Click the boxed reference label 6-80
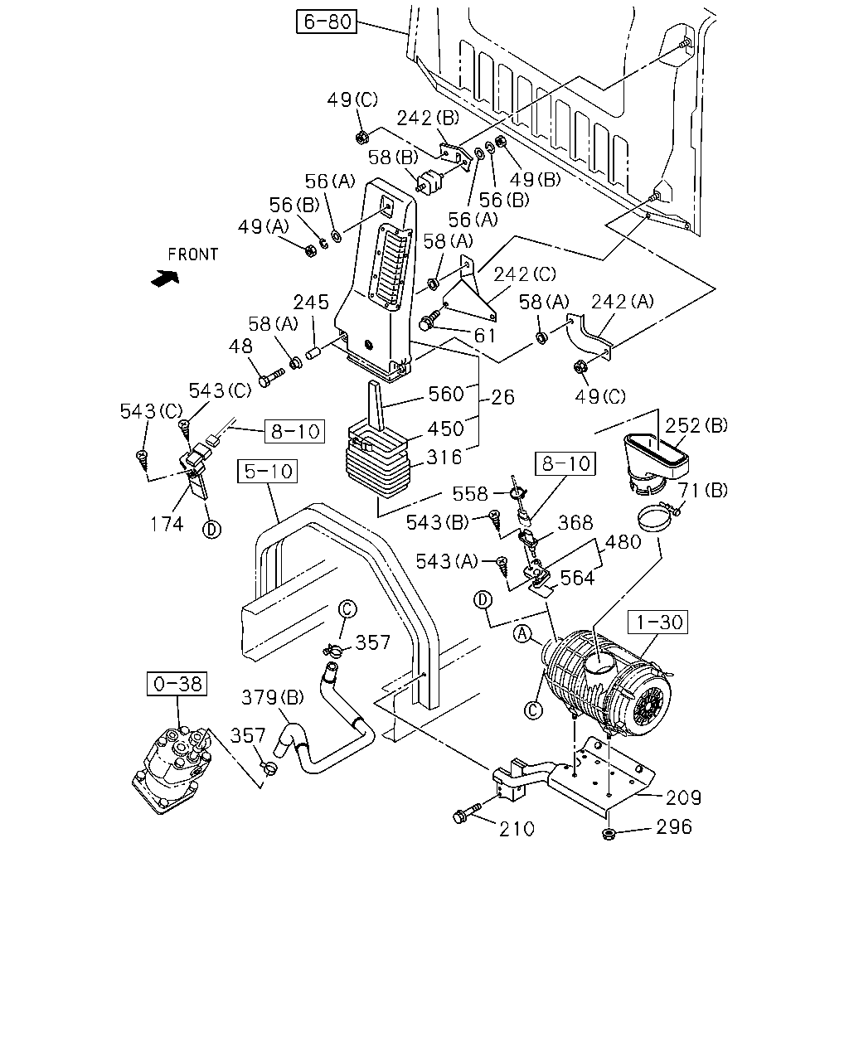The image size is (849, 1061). click(326, 22)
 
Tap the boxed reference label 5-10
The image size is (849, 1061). click(267, 471)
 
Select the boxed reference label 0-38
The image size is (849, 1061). click(177, 684)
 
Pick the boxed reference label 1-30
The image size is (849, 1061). click(657, 623)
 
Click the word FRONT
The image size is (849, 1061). click(193, 254)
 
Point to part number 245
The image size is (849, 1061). click(311, 303)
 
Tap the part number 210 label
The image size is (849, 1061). click(517, 829)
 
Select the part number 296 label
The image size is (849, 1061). click(674, 826)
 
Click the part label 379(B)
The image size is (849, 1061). click(272, 698)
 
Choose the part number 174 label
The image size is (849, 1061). click(167, 524)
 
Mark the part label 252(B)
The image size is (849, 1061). click(696, 425)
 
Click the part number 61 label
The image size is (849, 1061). click(484, 336)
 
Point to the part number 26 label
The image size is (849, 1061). click(502, 397)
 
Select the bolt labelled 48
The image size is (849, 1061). click(271, 378)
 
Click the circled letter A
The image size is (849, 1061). click(522, 634)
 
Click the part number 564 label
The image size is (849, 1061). click(577, 579)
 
